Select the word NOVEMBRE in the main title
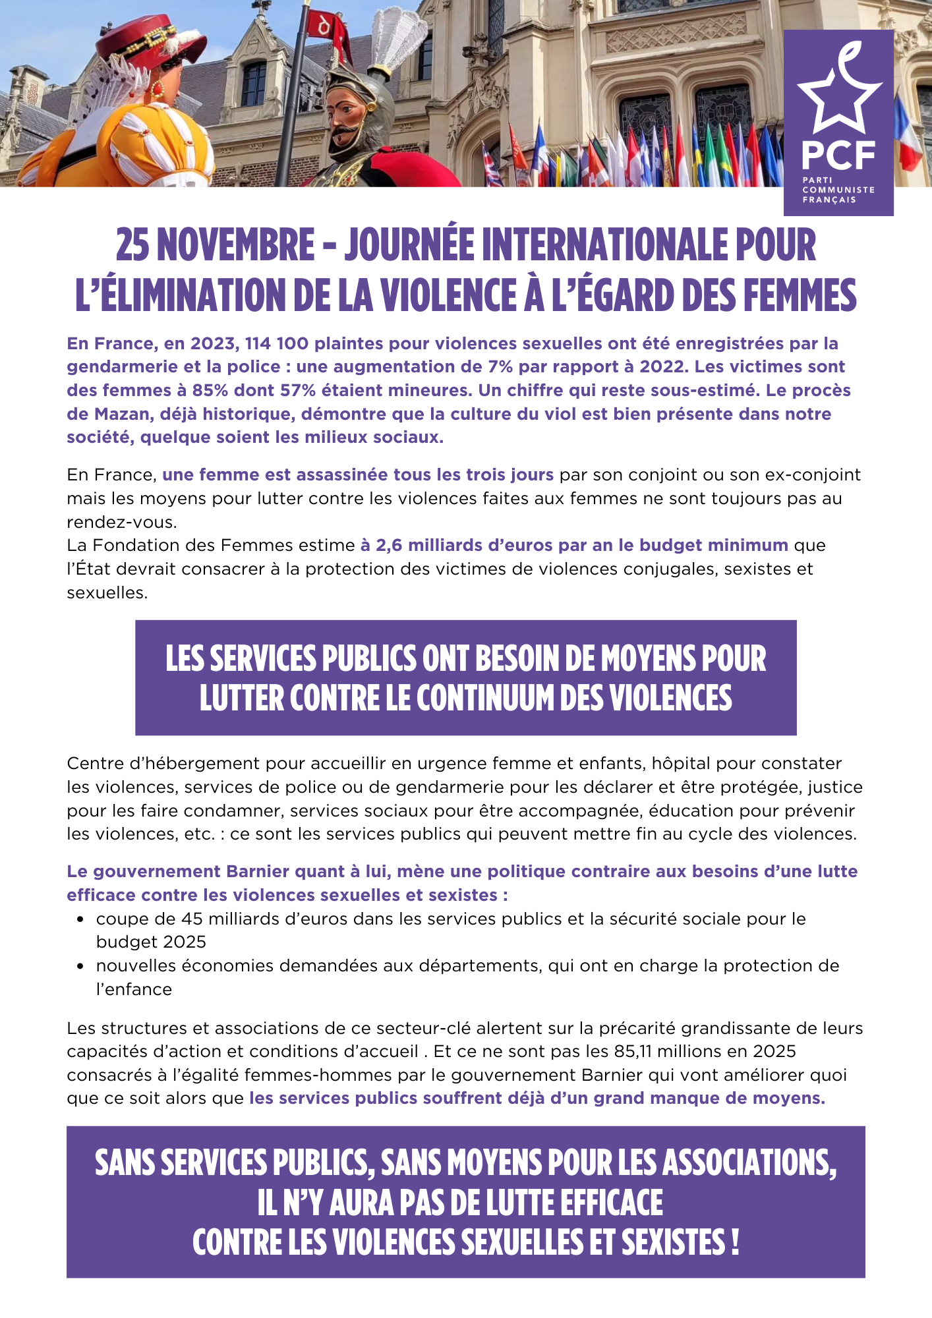235,245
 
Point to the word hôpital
681,763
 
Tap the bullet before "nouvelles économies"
80,966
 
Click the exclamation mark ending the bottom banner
734,1242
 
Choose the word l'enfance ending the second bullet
134,989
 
